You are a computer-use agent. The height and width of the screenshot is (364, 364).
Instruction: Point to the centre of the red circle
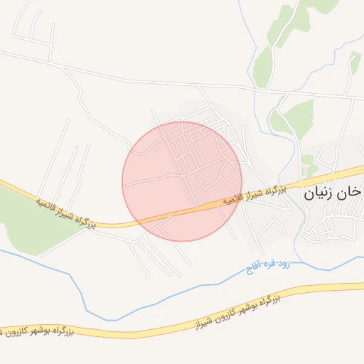tap(183, 181)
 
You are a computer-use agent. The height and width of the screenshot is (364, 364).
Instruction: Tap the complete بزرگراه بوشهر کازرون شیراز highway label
tap(234, 311)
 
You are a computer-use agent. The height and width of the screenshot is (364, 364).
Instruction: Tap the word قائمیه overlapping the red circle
tap(232, 200)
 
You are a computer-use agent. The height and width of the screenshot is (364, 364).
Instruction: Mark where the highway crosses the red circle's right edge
tap(238, 200)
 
